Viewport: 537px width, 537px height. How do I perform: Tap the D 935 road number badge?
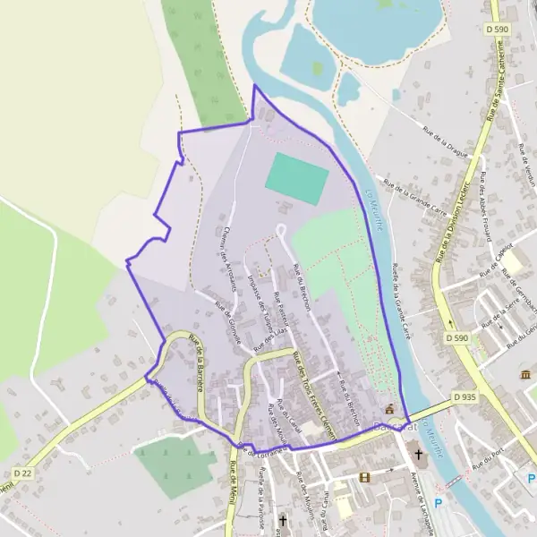[x=463, y=396]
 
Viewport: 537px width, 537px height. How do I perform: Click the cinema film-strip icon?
[x=365, y=477]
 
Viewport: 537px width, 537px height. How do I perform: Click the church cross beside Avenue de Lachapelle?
[x=415, y=454]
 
